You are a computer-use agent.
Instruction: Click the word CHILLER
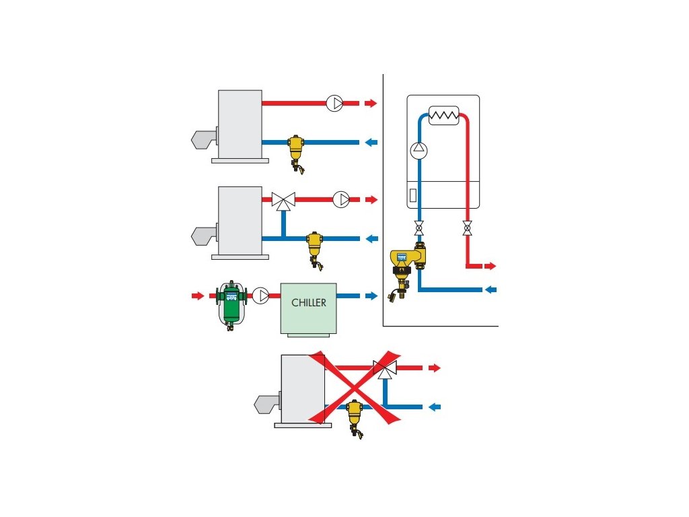(309, 303)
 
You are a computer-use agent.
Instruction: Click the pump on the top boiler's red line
(334, 104)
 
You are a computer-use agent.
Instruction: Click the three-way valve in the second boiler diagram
(283, 199)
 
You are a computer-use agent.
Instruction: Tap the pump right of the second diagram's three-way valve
(342, 199)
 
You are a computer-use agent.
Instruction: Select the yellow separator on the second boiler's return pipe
(314, 246)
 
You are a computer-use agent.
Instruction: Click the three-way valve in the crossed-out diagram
(385, 368)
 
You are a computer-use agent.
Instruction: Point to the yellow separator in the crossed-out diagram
(354, 415)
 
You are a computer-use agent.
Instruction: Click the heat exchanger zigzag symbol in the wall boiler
(443, 115)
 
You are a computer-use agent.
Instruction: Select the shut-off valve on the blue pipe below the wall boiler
(419, 228)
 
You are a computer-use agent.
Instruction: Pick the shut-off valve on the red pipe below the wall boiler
(466, 228)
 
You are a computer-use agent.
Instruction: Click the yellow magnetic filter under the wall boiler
(406, 265)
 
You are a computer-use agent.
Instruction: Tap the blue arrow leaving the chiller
(371, 296)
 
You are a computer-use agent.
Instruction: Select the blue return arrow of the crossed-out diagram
(435, 407)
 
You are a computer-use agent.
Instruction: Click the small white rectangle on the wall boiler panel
(412, 199)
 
